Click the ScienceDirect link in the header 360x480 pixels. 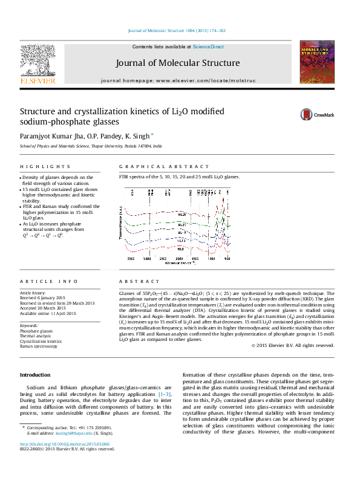click(208, 47)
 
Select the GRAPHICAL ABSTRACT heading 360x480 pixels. click(149, 166)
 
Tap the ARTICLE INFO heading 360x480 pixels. click(41, 282)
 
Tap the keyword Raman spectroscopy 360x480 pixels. click(39, 346)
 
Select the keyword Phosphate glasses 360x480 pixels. click(36, 331)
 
